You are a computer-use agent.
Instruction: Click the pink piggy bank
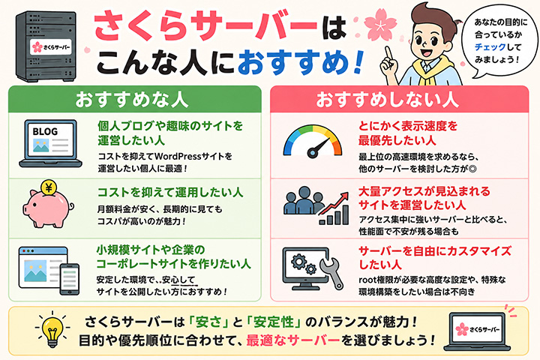pos(47,208)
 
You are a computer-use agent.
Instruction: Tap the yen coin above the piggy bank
pos(49,187)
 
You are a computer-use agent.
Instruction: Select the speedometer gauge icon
pos(313,142)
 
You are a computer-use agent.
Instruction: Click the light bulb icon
pos(52,330)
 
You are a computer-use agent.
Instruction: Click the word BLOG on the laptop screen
pos(45,131)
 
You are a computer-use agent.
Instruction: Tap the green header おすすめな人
pos(132,100)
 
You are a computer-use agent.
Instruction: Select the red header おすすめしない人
pos(388,100)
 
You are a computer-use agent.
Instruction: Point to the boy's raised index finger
pos(388,52)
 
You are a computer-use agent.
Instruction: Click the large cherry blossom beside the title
pos(379,25)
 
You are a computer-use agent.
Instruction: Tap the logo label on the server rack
pos(51,47)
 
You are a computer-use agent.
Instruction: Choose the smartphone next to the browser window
pos(70,279)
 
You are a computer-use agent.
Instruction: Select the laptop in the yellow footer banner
pos(477,331)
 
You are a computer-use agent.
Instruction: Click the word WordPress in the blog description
pos(177,157)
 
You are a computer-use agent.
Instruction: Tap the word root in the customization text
pos(367,280)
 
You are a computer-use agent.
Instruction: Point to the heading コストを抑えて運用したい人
pos(170,192)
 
